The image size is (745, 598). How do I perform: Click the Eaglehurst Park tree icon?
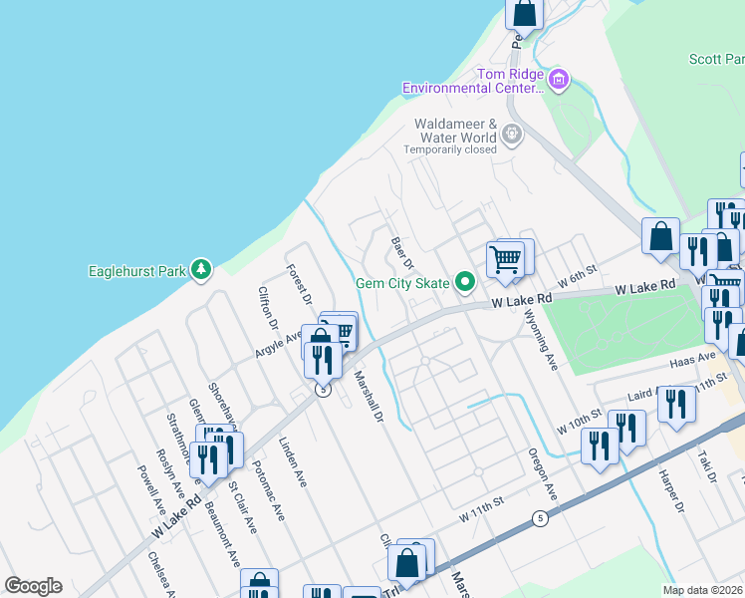(202, 269)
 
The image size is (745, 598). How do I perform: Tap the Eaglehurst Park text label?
(137, 270)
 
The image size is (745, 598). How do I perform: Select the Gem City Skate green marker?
(464, 283)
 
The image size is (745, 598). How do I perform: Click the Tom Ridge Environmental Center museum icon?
(559, 77)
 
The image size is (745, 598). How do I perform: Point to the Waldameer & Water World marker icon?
(512, 134)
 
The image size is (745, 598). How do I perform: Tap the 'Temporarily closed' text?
(449, 150)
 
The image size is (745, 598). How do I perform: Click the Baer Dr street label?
(402, 253)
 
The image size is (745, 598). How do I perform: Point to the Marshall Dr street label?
(369, 399)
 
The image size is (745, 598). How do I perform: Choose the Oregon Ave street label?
(542, 471)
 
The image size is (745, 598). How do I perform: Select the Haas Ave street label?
(693, 358)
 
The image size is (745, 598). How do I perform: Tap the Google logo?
(34, 586)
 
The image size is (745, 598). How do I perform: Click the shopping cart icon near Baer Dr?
(505, 259)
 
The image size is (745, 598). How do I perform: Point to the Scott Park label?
(716, 60)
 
